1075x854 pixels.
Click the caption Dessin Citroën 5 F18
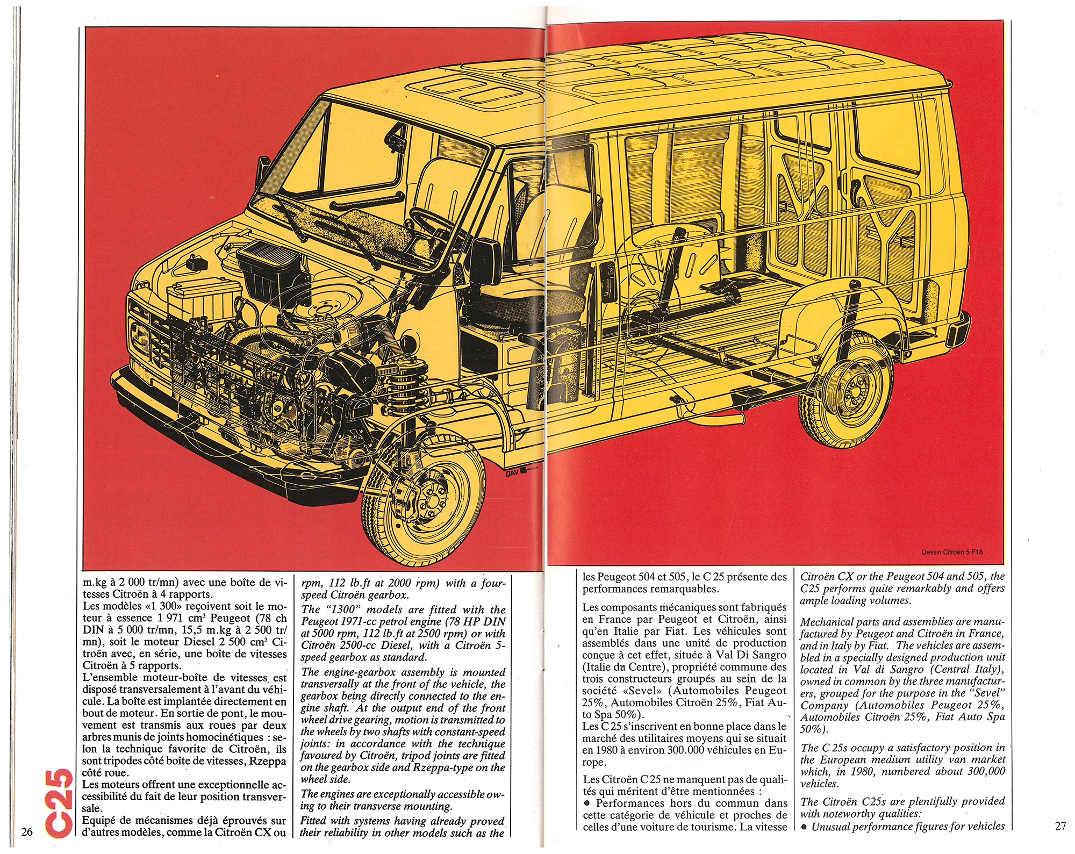(954, 552)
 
